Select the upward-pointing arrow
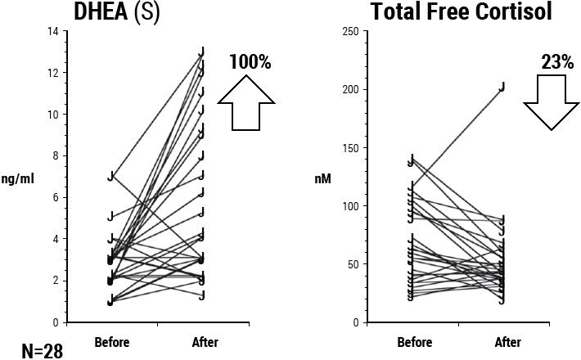click(x=246, y=103)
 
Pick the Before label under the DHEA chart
click(x=111, y=342)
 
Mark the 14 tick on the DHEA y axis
click(x=54, y=31)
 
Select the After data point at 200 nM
click(x=502, y=86)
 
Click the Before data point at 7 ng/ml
click(x=111, y=175)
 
